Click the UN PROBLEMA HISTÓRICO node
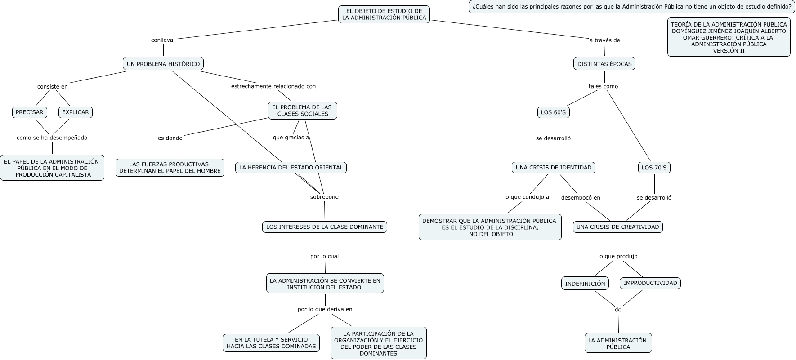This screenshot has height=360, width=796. (163, 64)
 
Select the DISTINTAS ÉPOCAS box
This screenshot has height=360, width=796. (604, 64)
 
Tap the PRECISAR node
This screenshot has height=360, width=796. (30, 112)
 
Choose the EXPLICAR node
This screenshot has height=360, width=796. (76, 112)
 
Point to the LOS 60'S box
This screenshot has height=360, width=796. (553, 112)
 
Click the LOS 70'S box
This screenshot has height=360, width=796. (654, 168)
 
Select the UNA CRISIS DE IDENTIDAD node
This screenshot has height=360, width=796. (554, 168)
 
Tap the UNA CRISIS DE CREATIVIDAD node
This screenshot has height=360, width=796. (617, 227)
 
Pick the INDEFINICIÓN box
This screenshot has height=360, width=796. (585, 283)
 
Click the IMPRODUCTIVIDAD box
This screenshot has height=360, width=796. (650, 283)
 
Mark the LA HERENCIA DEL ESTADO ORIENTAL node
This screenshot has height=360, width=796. (291, 168)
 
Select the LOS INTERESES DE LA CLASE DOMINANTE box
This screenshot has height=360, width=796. (325, 227)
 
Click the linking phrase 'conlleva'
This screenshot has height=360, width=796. (162, 40)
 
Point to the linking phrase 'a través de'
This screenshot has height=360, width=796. (604, 40)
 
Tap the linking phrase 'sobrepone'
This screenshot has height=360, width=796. (324, 197)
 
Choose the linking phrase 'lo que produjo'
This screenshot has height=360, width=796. (617, 256)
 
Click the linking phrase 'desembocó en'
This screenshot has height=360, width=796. (581, 197)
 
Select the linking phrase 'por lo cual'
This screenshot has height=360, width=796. (324, 256)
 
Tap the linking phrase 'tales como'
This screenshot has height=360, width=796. (603, 86)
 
